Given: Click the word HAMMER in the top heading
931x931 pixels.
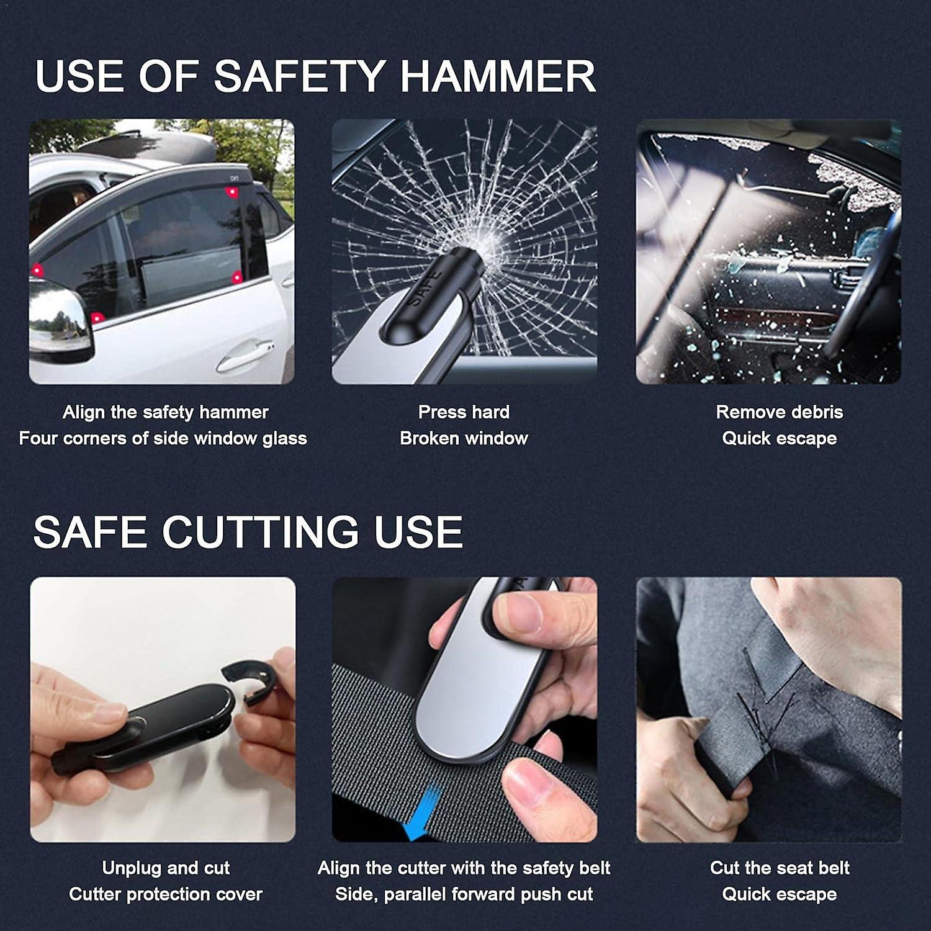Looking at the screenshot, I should [x=498, y=76].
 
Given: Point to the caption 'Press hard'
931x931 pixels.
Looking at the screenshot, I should [x=464, y=412].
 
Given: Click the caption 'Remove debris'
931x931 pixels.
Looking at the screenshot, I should [x=779, y=412].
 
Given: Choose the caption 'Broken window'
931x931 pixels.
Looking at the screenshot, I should [x=464, y=438].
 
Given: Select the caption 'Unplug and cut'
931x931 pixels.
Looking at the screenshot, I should [x=166, y=868].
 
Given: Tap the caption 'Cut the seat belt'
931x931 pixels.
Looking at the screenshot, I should [x=779, y=868].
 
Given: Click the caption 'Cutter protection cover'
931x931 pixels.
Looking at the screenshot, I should [x=166, y=894].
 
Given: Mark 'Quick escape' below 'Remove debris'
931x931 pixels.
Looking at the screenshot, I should [x=779, y=438].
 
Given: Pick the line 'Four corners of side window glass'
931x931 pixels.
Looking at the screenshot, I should [x=163, y=438].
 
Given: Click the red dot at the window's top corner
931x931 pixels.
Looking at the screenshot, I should [x=233, y=192].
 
